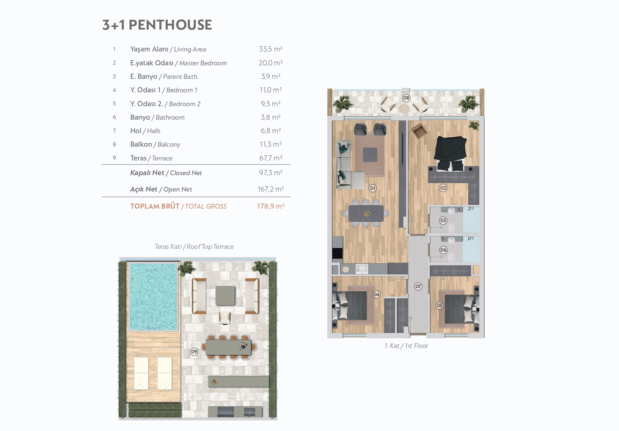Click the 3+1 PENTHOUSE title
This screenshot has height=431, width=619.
coord(157,25)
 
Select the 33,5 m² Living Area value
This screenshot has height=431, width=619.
coord(270,49)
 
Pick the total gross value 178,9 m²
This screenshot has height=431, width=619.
coord(270,206)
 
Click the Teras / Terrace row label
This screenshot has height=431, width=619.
coord(151,158)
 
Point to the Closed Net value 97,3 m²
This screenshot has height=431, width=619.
coord(270,173)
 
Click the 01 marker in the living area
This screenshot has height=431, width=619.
coord(373,188)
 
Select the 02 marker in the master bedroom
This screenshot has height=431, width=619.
coord(443,188)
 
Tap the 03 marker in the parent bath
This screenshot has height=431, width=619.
coord(443,220)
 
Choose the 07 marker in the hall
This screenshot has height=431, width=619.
coord(418,286)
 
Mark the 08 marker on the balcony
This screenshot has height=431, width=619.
coord(406,98)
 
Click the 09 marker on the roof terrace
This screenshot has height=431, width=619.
coord(194,352)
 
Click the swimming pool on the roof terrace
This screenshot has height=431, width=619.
coord(153,297)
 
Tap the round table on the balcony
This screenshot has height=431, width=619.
coord(404,109)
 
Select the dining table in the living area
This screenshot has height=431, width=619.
coord(366,214)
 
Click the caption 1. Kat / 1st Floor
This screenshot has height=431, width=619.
coord(406,346)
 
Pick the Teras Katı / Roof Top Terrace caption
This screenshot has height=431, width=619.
coord(194,247)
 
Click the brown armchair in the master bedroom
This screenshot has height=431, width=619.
coord(419,131)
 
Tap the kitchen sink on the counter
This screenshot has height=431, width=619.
coord(361,269)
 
